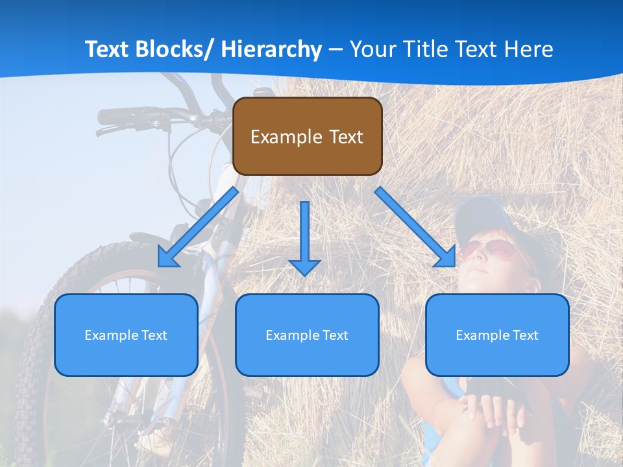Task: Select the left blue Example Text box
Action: tap(126, 335)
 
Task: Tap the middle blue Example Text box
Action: tap(307, 335)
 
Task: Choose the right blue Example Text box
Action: tap(497, 335)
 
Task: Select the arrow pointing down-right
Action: tap(416, 228)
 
